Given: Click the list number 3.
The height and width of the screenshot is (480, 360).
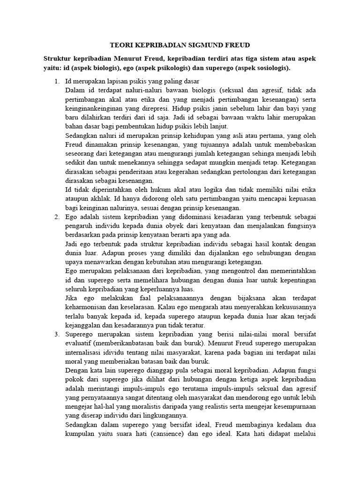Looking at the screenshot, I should point(56,334).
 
